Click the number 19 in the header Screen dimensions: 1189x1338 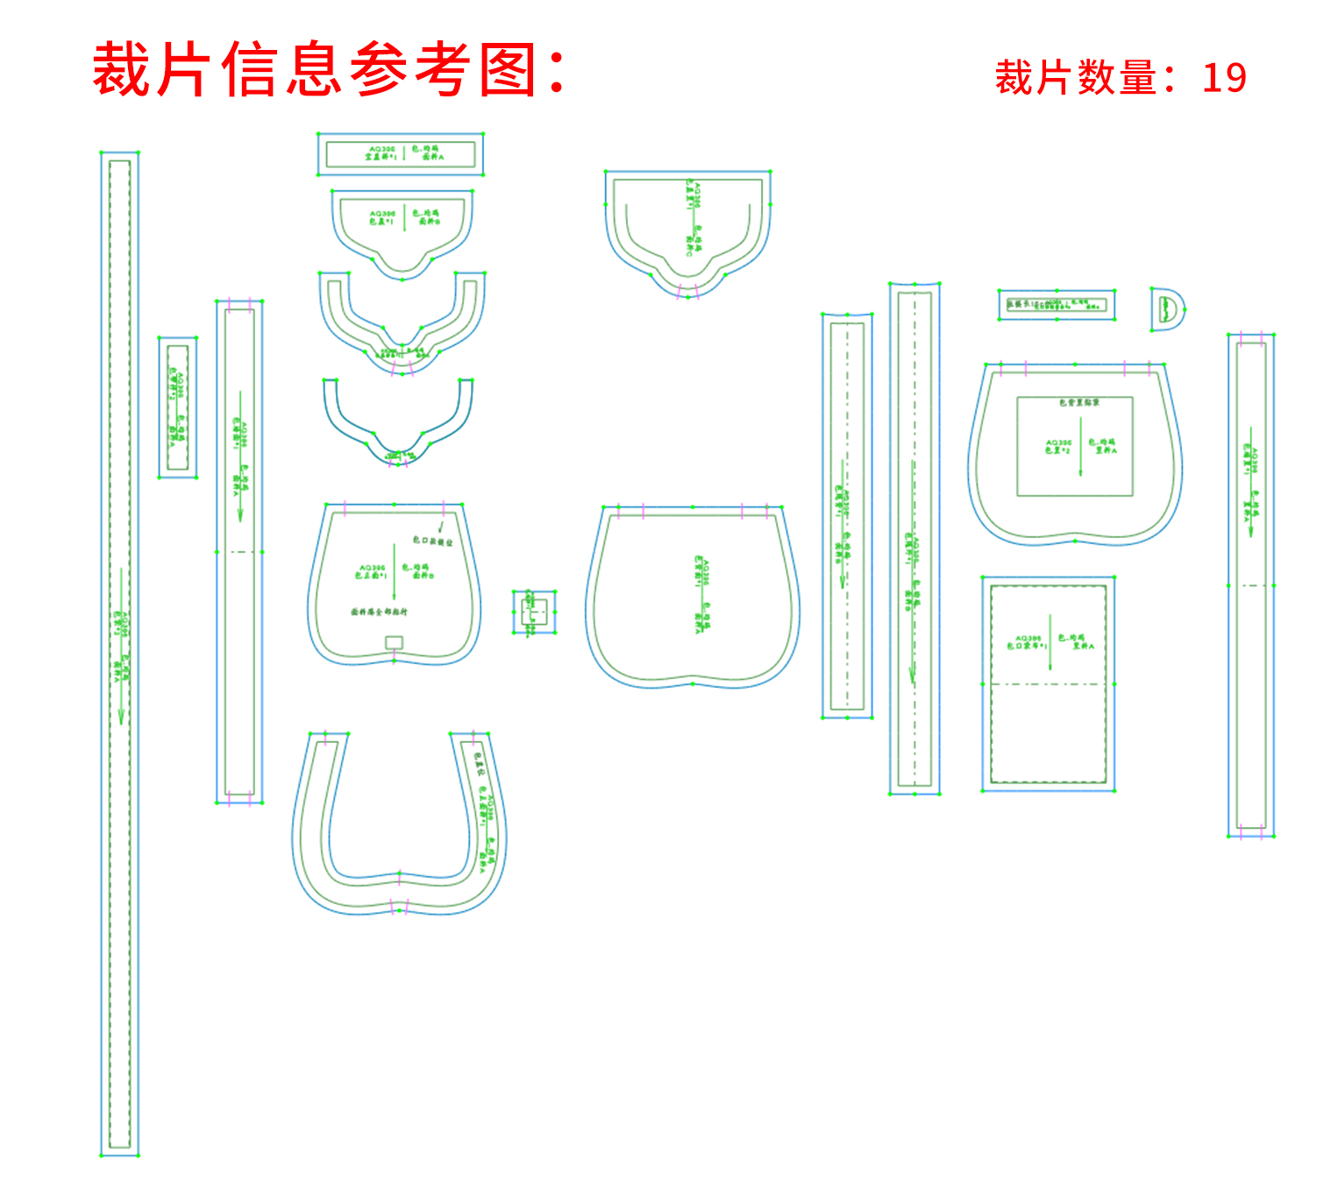[1224, 78]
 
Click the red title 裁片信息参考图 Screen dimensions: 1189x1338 [316, 69]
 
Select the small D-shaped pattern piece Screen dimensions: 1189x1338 [1167, 309]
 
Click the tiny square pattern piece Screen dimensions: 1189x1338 [534, 612]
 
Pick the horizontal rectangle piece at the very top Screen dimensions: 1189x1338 [401, 154]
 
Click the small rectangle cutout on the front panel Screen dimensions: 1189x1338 [394, 642]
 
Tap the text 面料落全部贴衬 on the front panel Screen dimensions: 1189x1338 [379, 612]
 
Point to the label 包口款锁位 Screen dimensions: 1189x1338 [432, 541]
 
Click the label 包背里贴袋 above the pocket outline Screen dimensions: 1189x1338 [1078, 402]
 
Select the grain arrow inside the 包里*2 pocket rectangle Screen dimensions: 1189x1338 [1080, 447]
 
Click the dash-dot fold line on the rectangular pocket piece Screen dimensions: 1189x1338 [1049, 683]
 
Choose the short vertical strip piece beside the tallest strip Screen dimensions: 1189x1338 [178, 407]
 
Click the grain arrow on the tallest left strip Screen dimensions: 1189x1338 [121, 648]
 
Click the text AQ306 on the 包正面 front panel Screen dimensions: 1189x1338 [372, 568]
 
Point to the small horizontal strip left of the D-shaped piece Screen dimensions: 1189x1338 [1057, 305]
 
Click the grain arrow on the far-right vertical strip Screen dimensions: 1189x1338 [1250, 478]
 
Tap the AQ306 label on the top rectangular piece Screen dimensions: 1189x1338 [382, 149]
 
